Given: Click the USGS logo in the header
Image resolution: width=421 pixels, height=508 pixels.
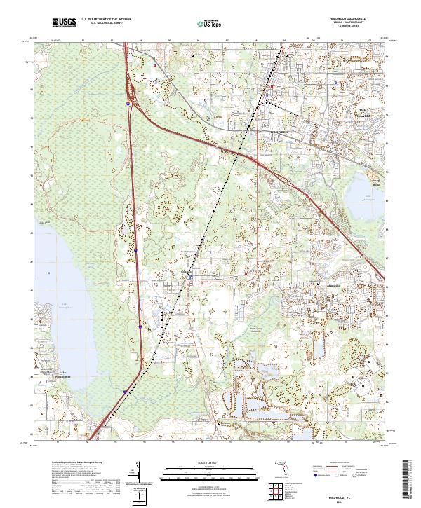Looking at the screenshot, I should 64,22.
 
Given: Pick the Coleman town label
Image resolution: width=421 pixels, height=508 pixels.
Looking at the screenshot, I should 186,271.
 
